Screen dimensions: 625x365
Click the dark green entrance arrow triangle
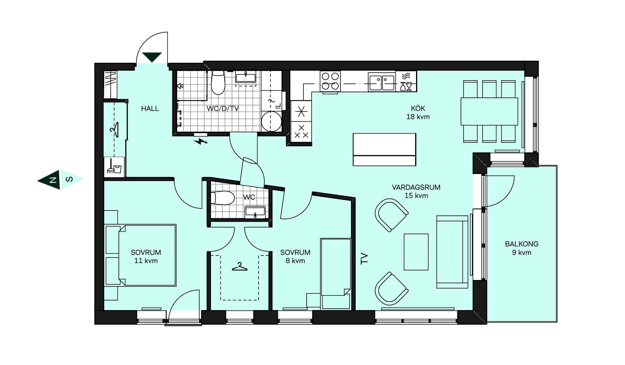coord(152,57)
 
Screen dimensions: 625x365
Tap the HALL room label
coord(150,109)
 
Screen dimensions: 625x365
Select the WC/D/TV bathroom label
coord(223,109)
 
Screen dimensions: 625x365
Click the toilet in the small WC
coord(223,198)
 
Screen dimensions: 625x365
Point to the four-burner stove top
coord(330,81)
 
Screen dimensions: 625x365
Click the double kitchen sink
coord(382,82)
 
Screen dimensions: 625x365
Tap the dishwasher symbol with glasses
coord(406,81)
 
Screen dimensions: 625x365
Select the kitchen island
coord(384,150)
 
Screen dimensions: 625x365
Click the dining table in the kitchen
coord(489,111)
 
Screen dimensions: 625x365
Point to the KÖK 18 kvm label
coord(418,112)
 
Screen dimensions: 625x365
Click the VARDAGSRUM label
coord(416,187)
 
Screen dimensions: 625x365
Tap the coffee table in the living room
coord(416,252)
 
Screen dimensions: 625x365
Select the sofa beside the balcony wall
coord(452,252)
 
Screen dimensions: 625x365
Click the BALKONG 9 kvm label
coord(521,248)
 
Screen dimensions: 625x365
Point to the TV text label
coord(364,258)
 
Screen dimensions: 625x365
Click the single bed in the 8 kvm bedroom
coord(336,274)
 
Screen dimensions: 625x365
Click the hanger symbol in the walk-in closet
coord(240,267)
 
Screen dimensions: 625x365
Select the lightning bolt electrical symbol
coord(201,141)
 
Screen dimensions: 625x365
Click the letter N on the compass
coord(52,180)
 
